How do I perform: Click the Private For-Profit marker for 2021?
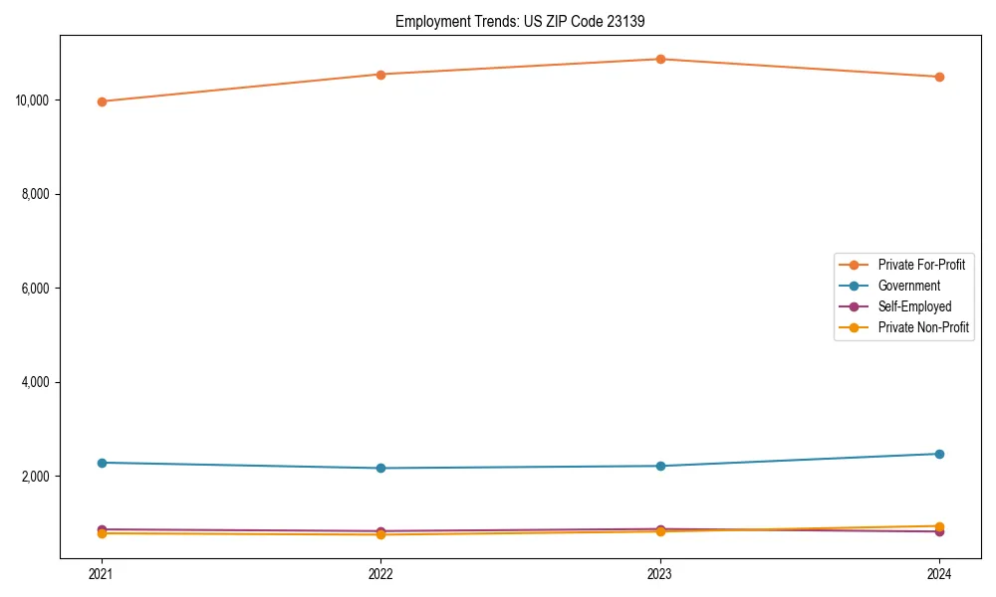[x=102, y=101]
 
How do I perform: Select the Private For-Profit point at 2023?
[x=660, y=59]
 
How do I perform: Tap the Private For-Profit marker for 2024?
[x=939, y=77]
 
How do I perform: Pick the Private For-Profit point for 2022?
[x=380, y=75]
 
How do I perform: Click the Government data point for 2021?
[x=102, y=463]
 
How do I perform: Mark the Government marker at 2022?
[x=380, y=468]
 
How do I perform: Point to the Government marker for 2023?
[x=660, y=466]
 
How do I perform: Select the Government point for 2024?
[x=939, y=454]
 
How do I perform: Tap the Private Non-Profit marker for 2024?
[x=939, y=526]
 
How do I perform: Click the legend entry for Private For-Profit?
[x=921, y=265]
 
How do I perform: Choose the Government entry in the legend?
[x=908, y=286]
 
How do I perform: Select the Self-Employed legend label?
[x=914, y=306]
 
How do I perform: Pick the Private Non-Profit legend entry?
[x=923, y=327]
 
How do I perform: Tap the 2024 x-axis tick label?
[x=939, y=573]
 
